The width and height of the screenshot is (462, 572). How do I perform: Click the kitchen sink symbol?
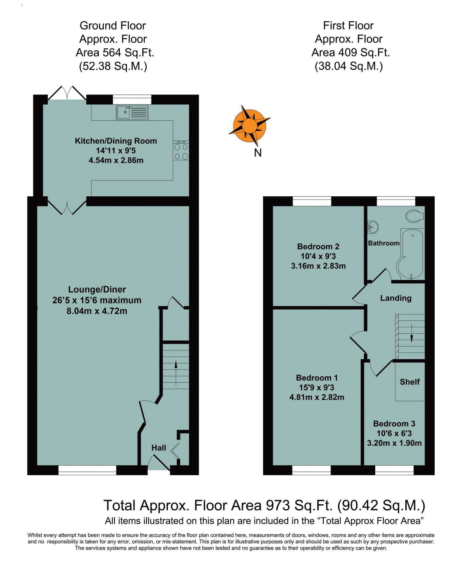[x=132, y=112]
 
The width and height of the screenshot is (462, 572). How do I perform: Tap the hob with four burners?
[x=181, y=151]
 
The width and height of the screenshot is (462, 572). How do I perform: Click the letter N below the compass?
[x=258, y=153]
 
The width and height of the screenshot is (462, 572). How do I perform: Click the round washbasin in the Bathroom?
[x=373, y=227]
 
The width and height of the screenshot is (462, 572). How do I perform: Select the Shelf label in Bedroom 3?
[x=410, y=382]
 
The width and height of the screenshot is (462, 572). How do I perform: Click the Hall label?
[x=159, y=448]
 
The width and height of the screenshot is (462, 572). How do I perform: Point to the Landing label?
[x=396, y=298]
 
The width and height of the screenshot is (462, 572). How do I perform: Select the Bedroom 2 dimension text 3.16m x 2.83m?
[x=318, y=266]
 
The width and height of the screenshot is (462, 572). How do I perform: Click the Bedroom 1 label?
[x=317, y=378]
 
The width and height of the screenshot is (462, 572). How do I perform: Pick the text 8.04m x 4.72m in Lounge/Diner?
[x=97, y=311]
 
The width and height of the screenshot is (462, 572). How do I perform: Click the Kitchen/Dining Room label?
[x=116, y=141]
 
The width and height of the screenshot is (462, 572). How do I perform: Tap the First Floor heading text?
[x=348, y=25]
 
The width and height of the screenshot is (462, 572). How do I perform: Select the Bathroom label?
[x=384, y=243]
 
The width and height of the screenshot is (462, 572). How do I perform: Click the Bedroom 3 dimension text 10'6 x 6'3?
[x=394, y=433]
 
